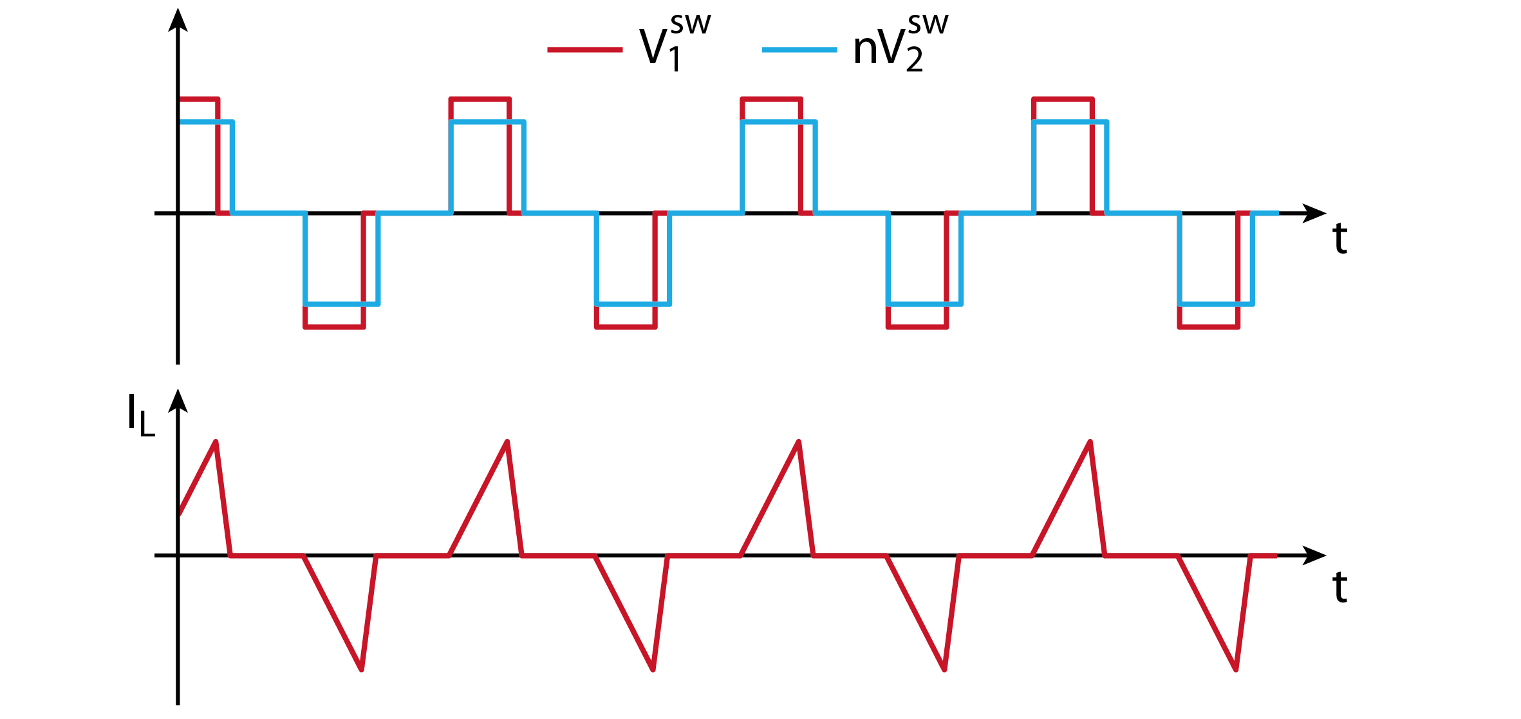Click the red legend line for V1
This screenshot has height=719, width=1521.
[584, 50]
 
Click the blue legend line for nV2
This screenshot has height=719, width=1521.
[799, 50]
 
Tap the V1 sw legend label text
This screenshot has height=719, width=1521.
[675, 42]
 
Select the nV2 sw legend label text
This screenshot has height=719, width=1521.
[900, 42]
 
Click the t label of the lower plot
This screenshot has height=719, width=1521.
[1339, 587]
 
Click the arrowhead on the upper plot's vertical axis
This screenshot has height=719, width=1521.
[178, 19]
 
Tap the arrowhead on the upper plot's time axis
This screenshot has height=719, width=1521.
[1315, 213]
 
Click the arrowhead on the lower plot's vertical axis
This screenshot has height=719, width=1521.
[178, 400]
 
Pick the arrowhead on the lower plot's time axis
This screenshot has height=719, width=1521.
[1315, 555]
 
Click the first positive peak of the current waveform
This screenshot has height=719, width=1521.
[216, 442]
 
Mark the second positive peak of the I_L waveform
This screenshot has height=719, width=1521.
[507, 442]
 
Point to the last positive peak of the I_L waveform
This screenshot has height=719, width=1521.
[1090, 442]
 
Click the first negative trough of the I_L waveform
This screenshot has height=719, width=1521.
[362, 669]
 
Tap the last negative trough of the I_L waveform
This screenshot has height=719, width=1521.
[1236, 669]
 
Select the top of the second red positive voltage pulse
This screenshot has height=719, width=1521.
[480, 99]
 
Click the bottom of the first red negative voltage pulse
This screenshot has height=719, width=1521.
[334, 327]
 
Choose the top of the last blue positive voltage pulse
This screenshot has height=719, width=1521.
[1070, 122]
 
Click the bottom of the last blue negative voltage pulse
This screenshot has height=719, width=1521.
[1216, 304]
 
